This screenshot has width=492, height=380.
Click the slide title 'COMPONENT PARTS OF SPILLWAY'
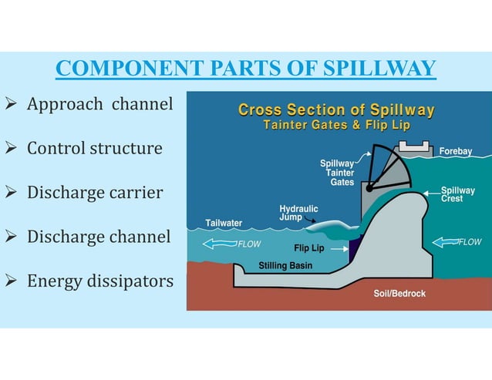point(246,69)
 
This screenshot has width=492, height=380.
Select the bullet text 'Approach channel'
point(99,103)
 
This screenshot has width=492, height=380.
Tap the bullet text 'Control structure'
point(94,147)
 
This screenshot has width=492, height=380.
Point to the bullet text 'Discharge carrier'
point(95,192)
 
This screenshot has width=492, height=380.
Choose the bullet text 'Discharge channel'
point(99,237)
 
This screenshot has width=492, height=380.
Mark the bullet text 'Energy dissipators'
point(100,281)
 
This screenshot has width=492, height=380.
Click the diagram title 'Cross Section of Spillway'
point(336,110)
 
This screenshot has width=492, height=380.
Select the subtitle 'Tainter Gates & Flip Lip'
point(336,126)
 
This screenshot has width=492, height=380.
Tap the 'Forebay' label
point(455,152)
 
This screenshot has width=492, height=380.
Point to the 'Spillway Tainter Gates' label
point(337,173)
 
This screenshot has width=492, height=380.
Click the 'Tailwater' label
point(224,224)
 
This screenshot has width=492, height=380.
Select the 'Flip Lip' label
point(308,248)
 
